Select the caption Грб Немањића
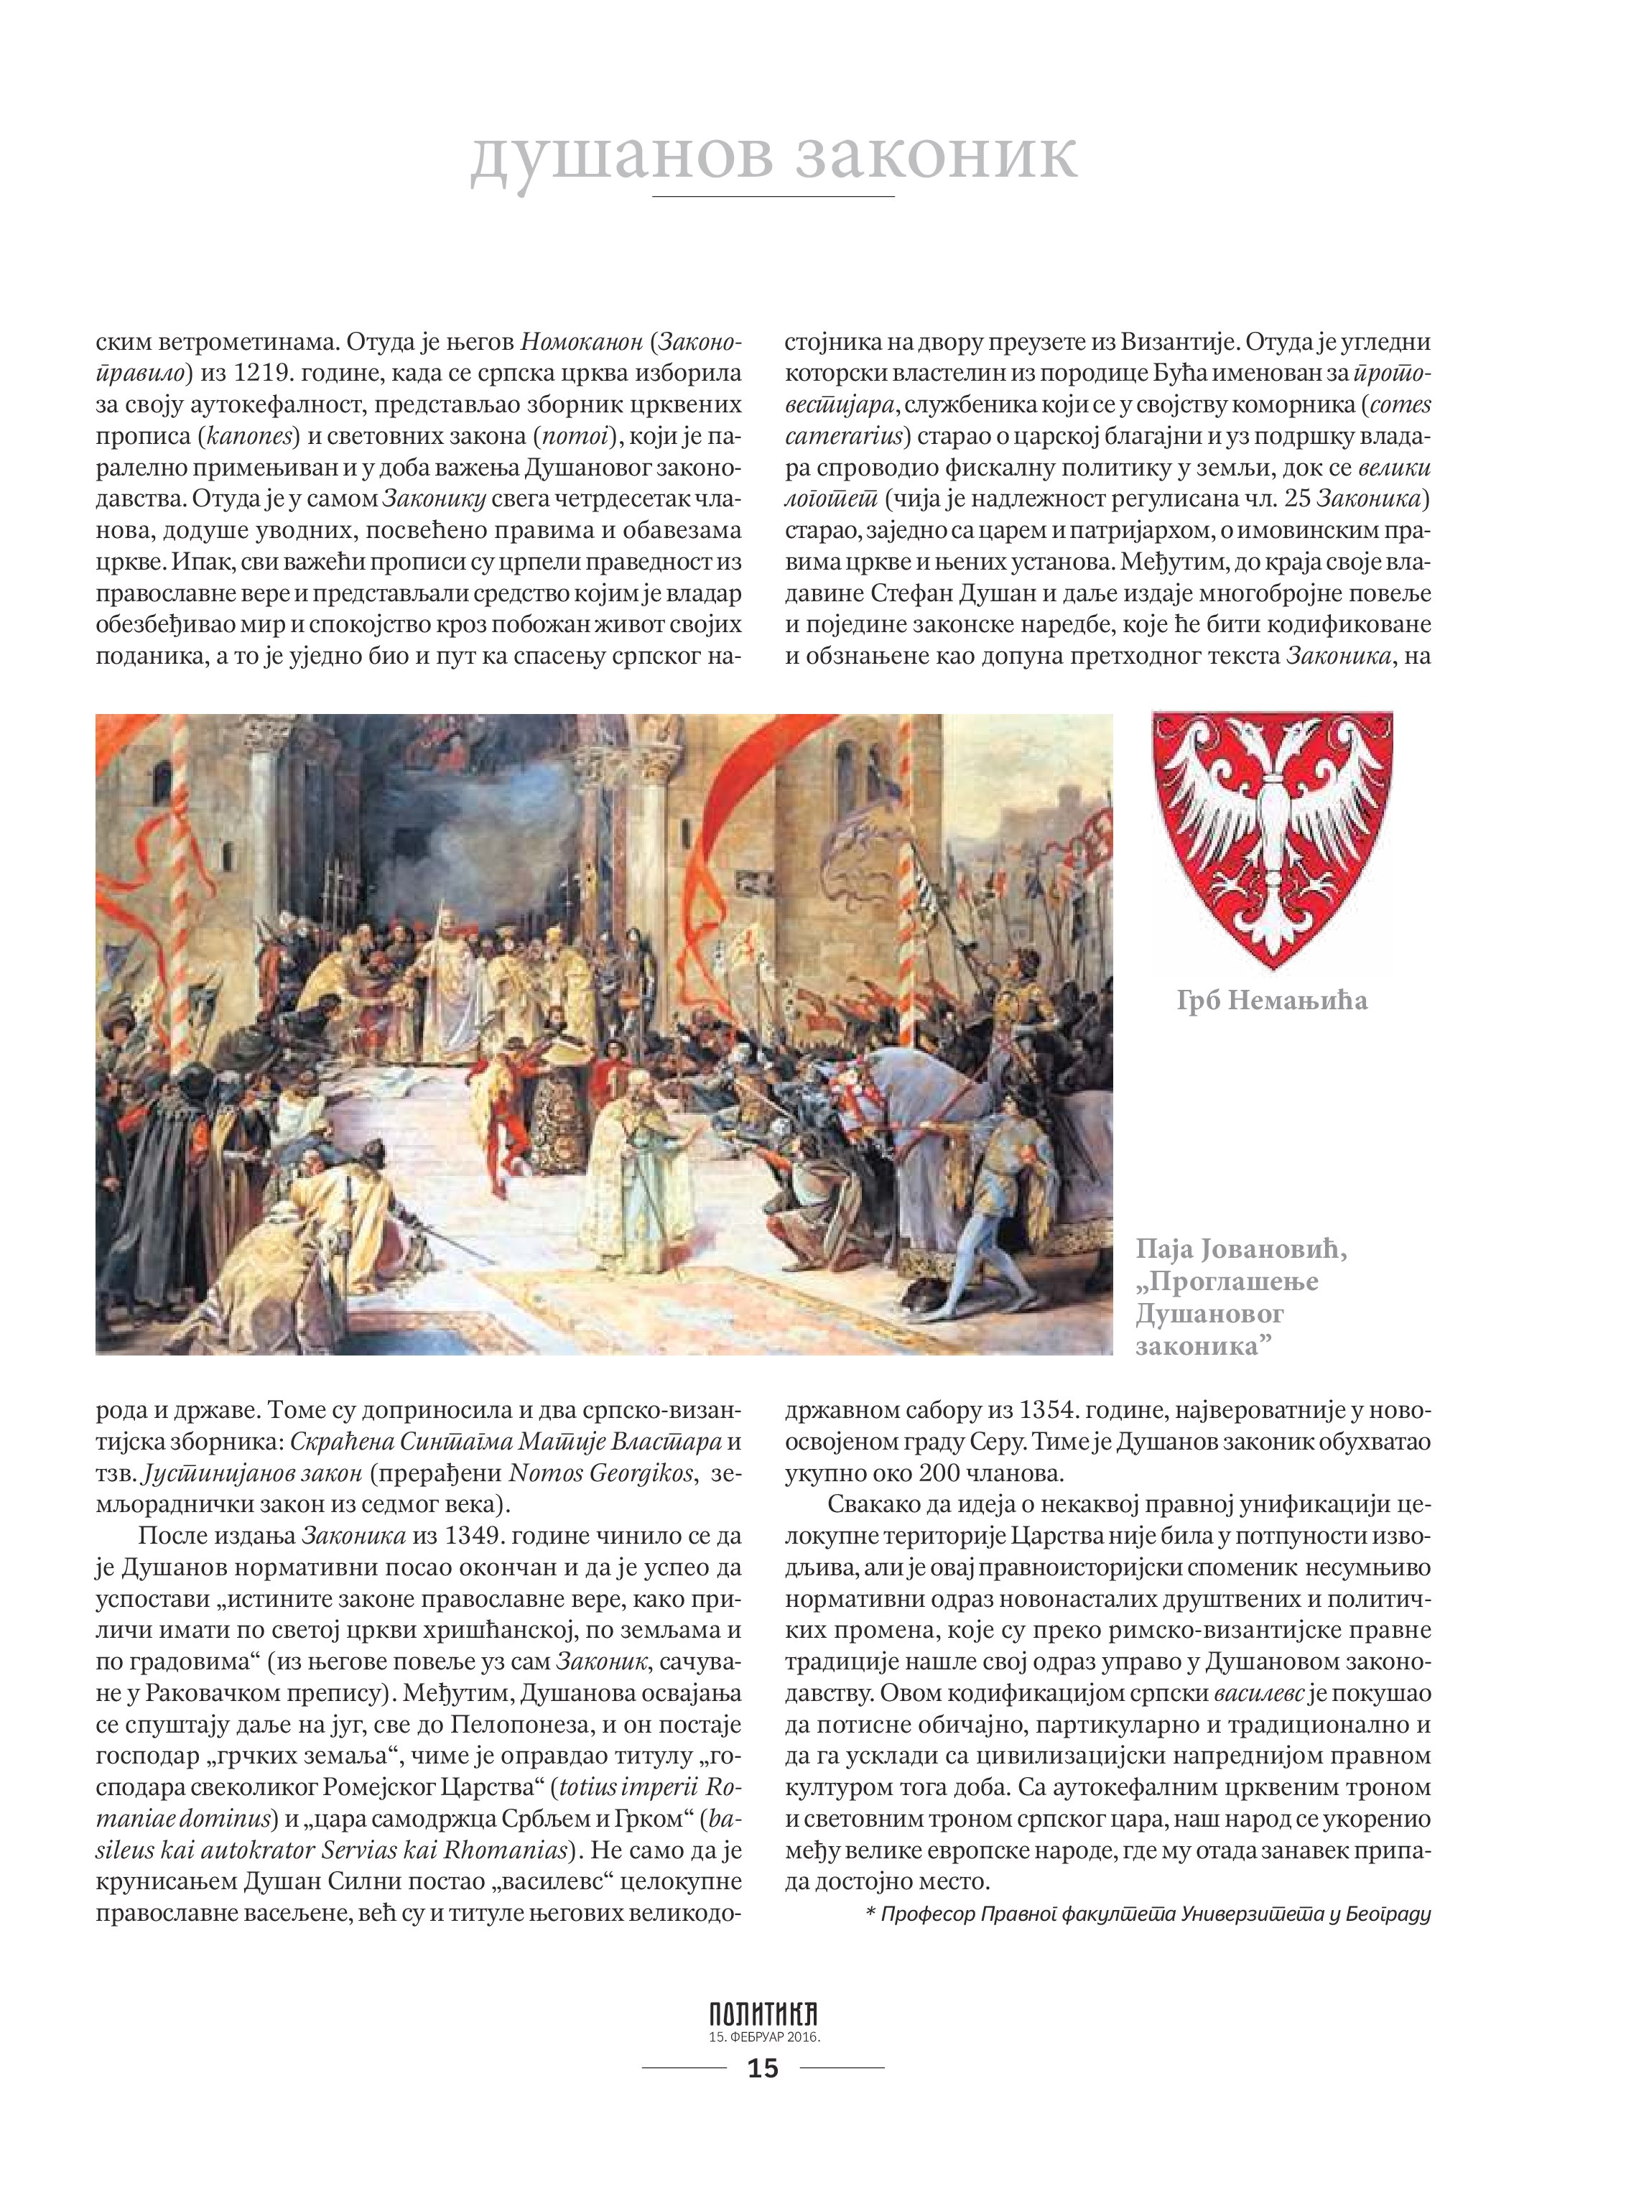pyautogui.click(x=1272, y=1001)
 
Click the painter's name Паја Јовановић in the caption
pyautogui.click(x=1241, y=1249)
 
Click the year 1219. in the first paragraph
pyautogui.click(x=269, y=374)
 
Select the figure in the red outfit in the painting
pyautogui.click(x=503, y=1103)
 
